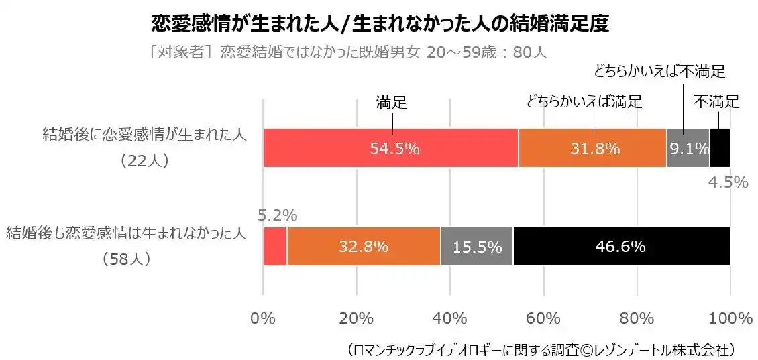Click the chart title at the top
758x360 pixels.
tap(380, 24)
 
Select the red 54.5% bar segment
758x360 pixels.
tap(390, 148)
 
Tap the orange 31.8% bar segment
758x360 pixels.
tap(592, 148)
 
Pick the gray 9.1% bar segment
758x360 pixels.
tap(688, 148)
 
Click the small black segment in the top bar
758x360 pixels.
tap(719, 148)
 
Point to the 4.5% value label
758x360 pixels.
tap(728, 182)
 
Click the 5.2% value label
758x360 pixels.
tap(278, 215)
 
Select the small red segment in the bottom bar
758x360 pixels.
tap(274, 247)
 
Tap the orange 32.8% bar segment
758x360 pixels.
tap(364, 247)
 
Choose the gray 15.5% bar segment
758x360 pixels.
tap(477, 247)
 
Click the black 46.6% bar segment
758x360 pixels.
tap(621, 247)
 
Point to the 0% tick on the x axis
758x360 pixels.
tap(263, 318)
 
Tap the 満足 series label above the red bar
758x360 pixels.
tap(392, 102)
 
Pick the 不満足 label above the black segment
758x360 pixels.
tap(716, 102)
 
